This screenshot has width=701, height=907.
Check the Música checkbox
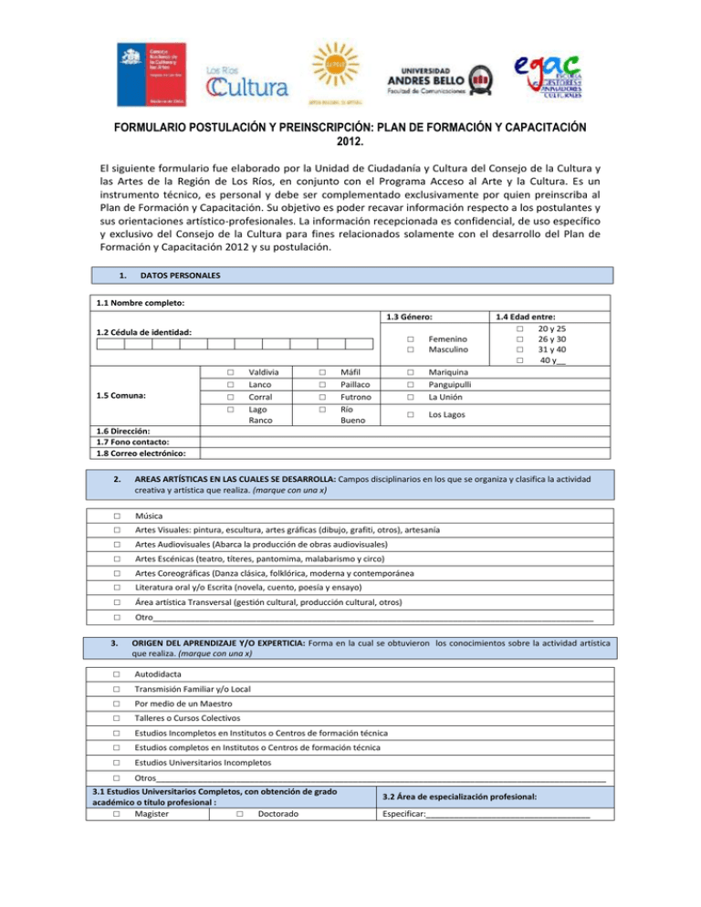pyautogui.click(x=117, y=516)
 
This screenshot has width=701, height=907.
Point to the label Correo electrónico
pyautogui.click(x=142, y=453)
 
